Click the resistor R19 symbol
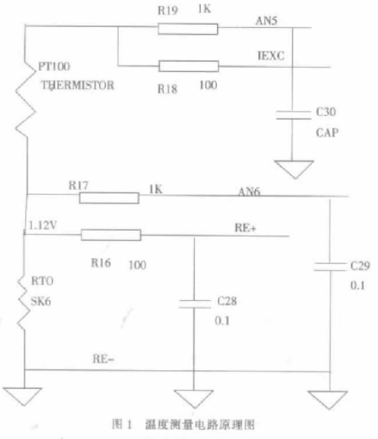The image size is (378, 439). coord(187,29)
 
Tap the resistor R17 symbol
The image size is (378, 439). coord(109,197)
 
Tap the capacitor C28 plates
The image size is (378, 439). coord(196,302)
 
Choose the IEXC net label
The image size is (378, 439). coord(270,55)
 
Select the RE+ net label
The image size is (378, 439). coord(245,227)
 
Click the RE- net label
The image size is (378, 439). coord(104,360)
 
